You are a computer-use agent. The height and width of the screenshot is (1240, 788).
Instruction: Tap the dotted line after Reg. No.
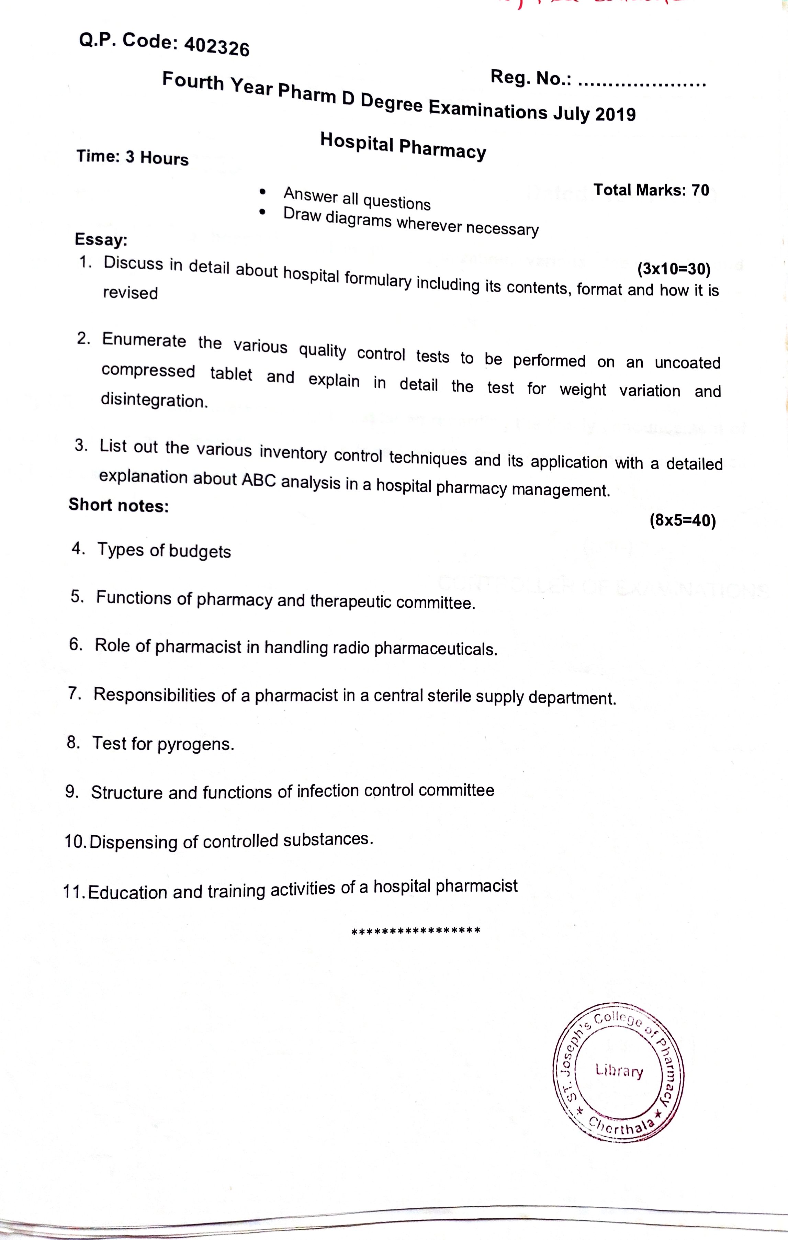point(642,82)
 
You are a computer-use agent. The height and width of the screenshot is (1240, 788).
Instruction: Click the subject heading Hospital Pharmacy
point(403,146)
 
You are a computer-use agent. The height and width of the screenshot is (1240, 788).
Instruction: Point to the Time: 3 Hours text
point(132,157)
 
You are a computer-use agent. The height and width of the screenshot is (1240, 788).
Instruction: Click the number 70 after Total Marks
point(700,191)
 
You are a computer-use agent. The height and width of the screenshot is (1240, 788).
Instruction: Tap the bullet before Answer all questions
point(263,192)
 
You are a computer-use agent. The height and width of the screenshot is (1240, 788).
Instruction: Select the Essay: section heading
point(101,239)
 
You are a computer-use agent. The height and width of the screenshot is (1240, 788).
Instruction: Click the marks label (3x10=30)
point(674,269)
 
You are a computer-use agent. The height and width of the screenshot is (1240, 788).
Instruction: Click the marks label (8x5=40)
point(683,521)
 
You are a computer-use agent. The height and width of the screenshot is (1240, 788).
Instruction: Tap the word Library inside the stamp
point(619,1071)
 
